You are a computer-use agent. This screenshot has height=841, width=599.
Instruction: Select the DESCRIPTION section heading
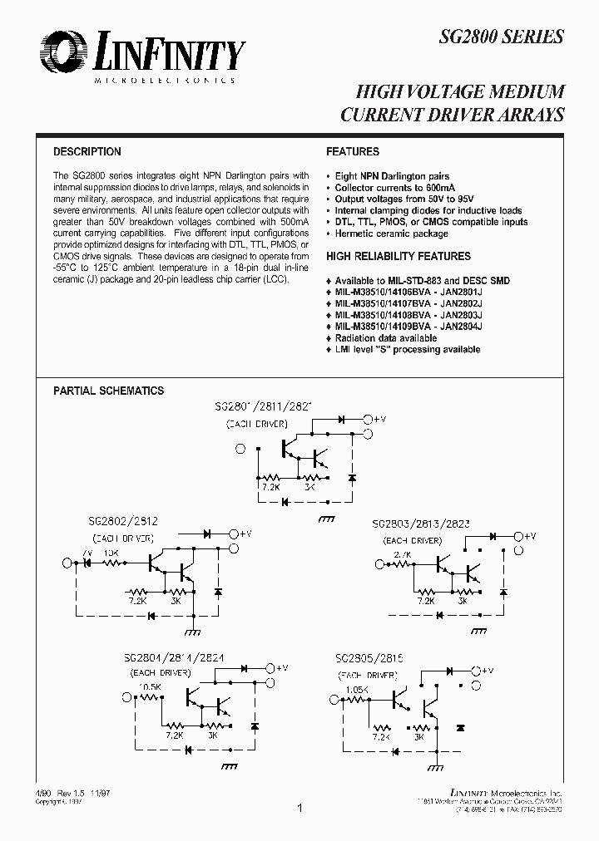[87, 152]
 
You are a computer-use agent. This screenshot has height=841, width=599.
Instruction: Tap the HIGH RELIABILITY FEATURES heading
[399, 257]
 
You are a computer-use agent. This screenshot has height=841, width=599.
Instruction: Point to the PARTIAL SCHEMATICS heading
[108, 391]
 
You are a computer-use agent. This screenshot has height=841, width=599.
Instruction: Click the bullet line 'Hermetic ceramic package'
[391, 234]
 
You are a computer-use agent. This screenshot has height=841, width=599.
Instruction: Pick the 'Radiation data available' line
[385, 339]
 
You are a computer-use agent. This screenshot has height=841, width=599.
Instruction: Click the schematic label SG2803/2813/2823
[421, 526]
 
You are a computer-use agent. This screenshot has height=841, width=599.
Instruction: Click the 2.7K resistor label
[403, 553]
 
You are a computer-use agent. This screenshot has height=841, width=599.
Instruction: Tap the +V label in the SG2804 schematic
[282, 667]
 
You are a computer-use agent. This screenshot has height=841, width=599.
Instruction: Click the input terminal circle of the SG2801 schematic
[240, 450]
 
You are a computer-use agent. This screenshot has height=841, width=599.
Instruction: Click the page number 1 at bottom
[299, 807]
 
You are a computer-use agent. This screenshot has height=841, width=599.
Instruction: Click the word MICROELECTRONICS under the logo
[164, 81]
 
